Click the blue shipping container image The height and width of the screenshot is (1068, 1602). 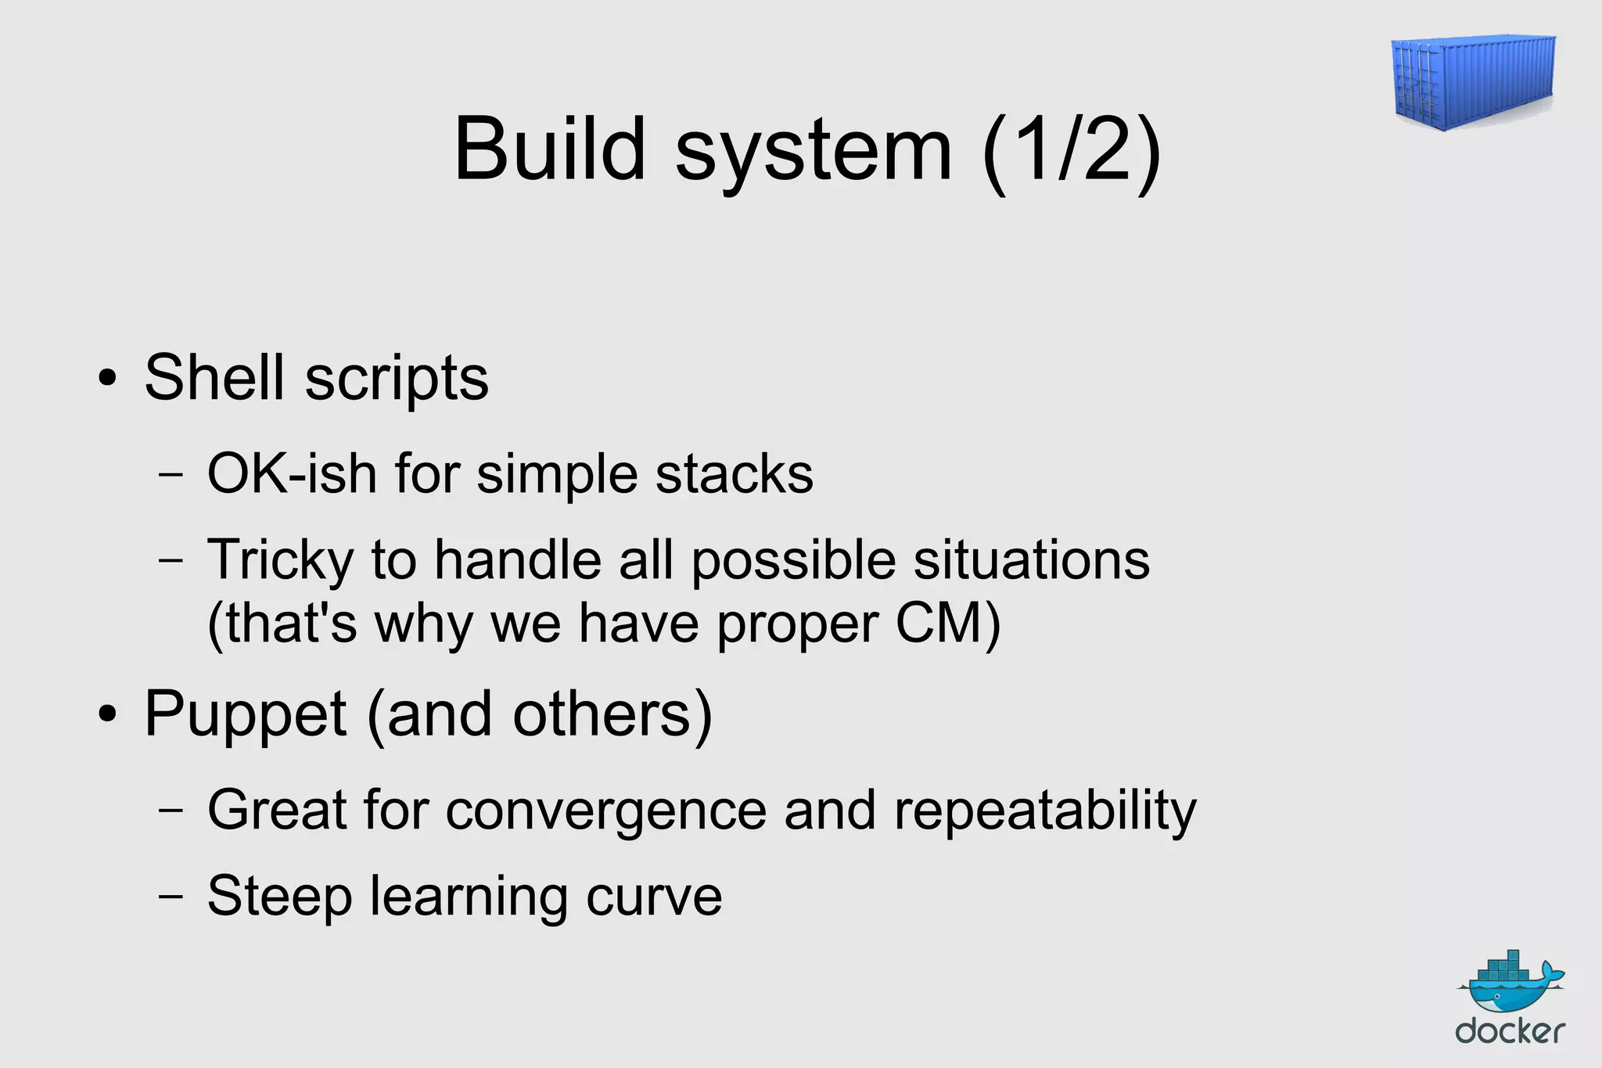point(1473,81)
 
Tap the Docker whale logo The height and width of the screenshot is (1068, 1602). point(1510,983)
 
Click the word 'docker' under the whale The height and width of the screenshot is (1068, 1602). point(1510,1031)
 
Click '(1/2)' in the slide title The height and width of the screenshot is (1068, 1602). point(1072,150)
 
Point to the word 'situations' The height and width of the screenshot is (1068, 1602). point(1032,560)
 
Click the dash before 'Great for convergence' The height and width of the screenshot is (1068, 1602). point(171,811)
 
